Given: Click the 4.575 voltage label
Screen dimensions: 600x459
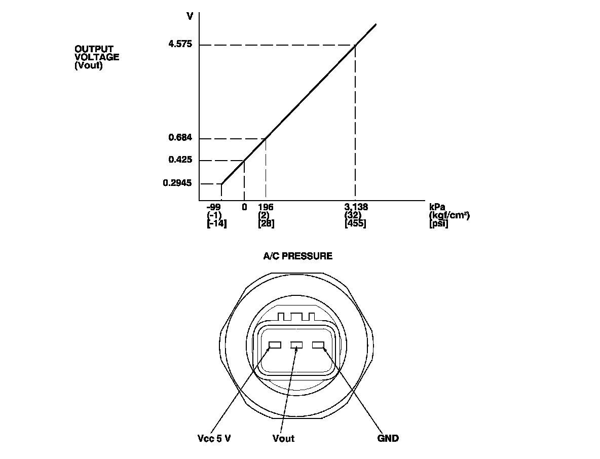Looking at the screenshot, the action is tap(180, 44).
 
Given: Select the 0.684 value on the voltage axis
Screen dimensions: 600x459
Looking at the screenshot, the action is tap(180, 138).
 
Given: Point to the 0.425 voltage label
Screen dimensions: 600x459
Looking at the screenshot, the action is tap(180, 160).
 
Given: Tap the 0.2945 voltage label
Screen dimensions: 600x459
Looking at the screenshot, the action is tap(177, 183).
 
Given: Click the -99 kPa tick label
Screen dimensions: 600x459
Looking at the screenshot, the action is tap(214, 207).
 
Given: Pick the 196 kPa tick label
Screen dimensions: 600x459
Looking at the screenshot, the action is tap(266, 207).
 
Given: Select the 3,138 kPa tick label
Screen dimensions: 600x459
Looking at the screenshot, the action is tap(356, 207).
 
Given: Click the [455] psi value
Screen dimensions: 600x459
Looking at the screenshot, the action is tap(355, 223).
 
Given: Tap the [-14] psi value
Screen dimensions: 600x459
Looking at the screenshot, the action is tap(216, 223).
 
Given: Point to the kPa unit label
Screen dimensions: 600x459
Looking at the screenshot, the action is tap(437, 207).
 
